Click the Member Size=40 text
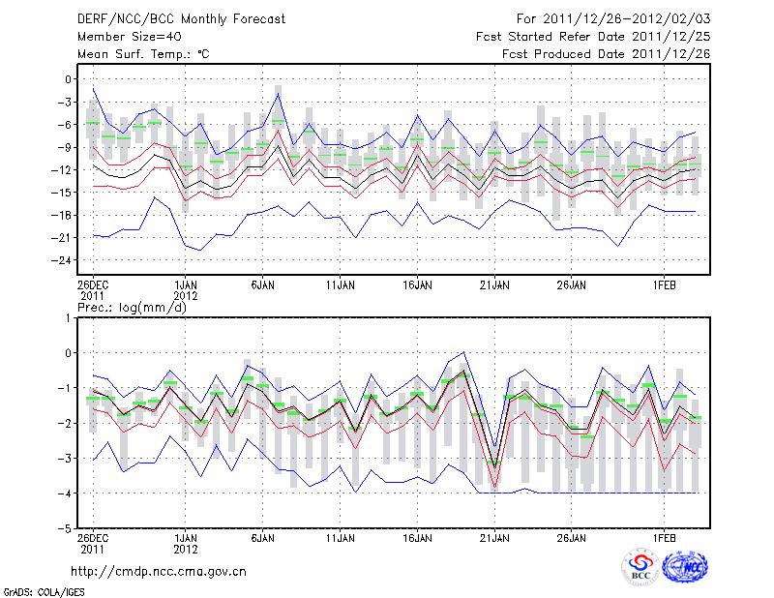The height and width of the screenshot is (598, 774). point(123,36)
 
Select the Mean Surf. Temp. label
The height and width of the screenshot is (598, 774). point(143,53)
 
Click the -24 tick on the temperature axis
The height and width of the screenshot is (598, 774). point(64,260)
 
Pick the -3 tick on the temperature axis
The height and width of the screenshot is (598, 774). point(67,102)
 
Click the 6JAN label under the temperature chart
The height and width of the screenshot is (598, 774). point(262,285)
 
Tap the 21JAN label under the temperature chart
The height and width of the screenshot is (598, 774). point(494,285)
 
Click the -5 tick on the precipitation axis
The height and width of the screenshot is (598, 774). point(67,529)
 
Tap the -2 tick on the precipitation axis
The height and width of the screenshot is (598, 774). point(67,424)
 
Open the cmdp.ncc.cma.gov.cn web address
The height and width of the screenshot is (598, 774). point(159,571)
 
